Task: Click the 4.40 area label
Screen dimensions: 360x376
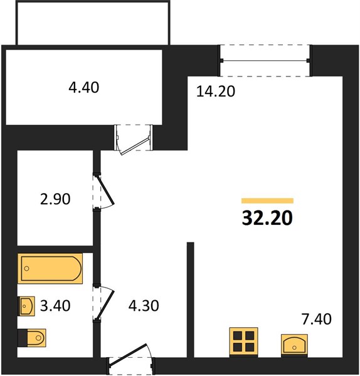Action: [84, 87]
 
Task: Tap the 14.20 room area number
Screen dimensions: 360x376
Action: [216, 91]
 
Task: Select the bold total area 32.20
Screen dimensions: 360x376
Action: [267, 217]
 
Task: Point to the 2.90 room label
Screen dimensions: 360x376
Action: [55, 199]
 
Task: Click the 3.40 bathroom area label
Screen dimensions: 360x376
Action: [55, 306]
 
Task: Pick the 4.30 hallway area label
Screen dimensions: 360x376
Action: [144, 306]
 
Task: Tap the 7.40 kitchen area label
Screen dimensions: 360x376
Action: [316, 319]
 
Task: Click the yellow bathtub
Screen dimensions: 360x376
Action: [50, 268]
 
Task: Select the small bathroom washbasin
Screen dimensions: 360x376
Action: [26, 306]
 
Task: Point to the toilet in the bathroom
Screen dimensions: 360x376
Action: [32, 338]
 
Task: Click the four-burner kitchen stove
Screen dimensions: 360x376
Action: [243, 342]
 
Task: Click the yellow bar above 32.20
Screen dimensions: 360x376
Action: [267, 201]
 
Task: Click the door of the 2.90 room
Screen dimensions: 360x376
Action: [103, 192]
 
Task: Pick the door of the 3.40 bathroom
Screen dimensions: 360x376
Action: [103, 303]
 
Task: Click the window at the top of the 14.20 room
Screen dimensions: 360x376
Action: [265, 60]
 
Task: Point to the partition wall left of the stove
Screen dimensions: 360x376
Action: [190, 300]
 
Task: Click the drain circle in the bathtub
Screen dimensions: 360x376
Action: [26, 268]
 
